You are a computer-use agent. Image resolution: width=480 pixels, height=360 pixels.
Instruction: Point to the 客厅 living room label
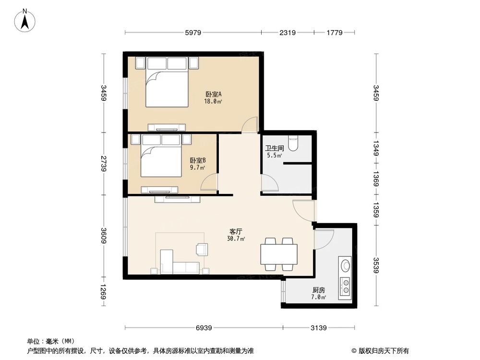pyautogui.click(x=236, y=231)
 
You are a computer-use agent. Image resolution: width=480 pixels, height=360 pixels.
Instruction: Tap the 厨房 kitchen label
pyautogui.click(x=319, y=290)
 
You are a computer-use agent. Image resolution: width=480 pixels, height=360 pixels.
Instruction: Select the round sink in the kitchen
pyautogui.click(x=345, y=264)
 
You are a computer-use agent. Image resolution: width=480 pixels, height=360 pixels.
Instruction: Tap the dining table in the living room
pyautogui.click(x=278, y=253)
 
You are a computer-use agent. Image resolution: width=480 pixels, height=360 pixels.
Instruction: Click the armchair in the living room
pyautogui.click(x=202, y=249)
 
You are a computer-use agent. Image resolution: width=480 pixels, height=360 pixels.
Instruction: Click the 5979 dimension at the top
pyautogui.click(x=193, y=33)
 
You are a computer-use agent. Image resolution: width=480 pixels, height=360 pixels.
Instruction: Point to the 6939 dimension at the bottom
pyautogui.click(x=204, y=328)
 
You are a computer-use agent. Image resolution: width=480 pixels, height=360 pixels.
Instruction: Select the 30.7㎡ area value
pyautogui.click(x=236, y=238)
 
